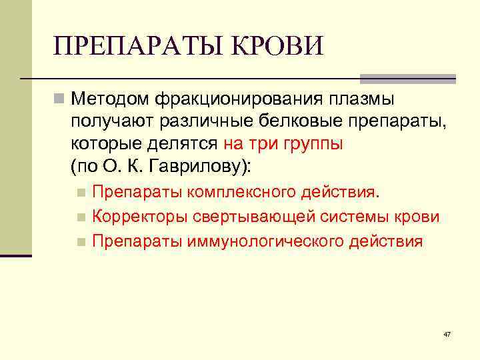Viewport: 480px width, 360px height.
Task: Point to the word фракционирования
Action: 239,99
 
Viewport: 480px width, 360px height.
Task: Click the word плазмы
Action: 361,99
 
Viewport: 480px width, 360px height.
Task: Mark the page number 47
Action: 447,334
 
